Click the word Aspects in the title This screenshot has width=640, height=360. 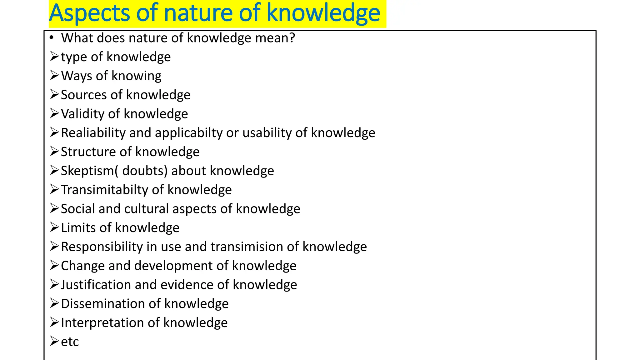[x=89, y=13]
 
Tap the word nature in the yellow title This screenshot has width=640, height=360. [x=198, y=13]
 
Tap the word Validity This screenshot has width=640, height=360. [x=82, y=114]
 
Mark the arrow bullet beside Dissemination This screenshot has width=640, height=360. [x=54, y=303]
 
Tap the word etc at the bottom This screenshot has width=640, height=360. [x=70, y=342]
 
